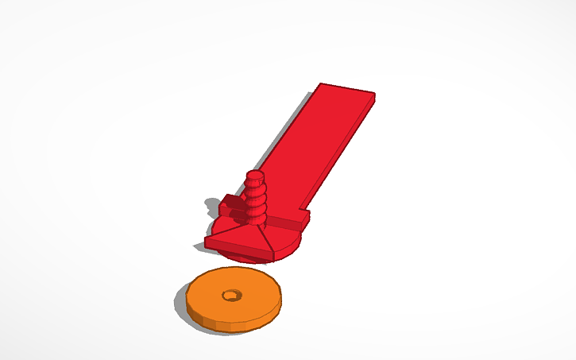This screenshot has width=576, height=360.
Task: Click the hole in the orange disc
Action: (231, 295)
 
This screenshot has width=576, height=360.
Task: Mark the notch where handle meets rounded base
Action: (306, 216)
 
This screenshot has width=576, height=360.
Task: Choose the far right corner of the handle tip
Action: (374, 95)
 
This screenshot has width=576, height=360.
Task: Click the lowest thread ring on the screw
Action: (256, 215)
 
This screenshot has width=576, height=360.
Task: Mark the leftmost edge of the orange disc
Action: (187, 300)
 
